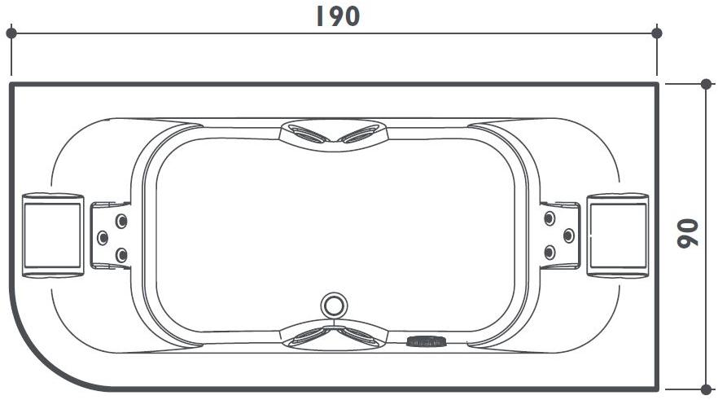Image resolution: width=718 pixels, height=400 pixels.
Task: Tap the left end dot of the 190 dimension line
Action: point(11,33)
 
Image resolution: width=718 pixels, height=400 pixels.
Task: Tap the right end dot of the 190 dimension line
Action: point(657,33)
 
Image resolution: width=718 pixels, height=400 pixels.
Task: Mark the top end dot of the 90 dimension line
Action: point(705,84)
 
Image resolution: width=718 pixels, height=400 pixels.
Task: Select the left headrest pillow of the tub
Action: point(52,235)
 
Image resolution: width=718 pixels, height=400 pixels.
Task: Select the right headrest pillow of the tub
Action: point(617,235)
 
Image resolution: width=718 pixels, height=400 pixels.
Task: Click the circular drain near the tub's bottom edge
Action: point(333,305)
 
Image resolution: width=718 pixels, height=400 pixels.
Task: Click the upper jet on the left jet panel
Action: point(121,220)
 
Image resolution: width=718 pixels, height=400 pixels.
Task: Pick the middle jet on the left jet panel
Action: point(103,237)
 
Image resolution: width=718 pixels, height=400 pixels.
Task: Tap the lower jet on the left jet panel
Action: point(121,255)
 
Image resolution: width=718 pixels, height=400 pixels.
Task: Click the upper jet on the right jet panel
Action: point(549,218)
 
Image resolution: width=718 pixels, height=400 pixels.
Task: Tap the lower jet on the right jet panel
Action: point(549,253)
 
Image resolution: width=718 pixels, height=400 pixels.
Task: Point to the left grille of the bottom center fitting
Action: point(309,336)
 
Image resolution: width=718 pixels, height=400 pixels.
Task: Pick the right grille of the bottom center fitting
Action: point(357,336)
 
